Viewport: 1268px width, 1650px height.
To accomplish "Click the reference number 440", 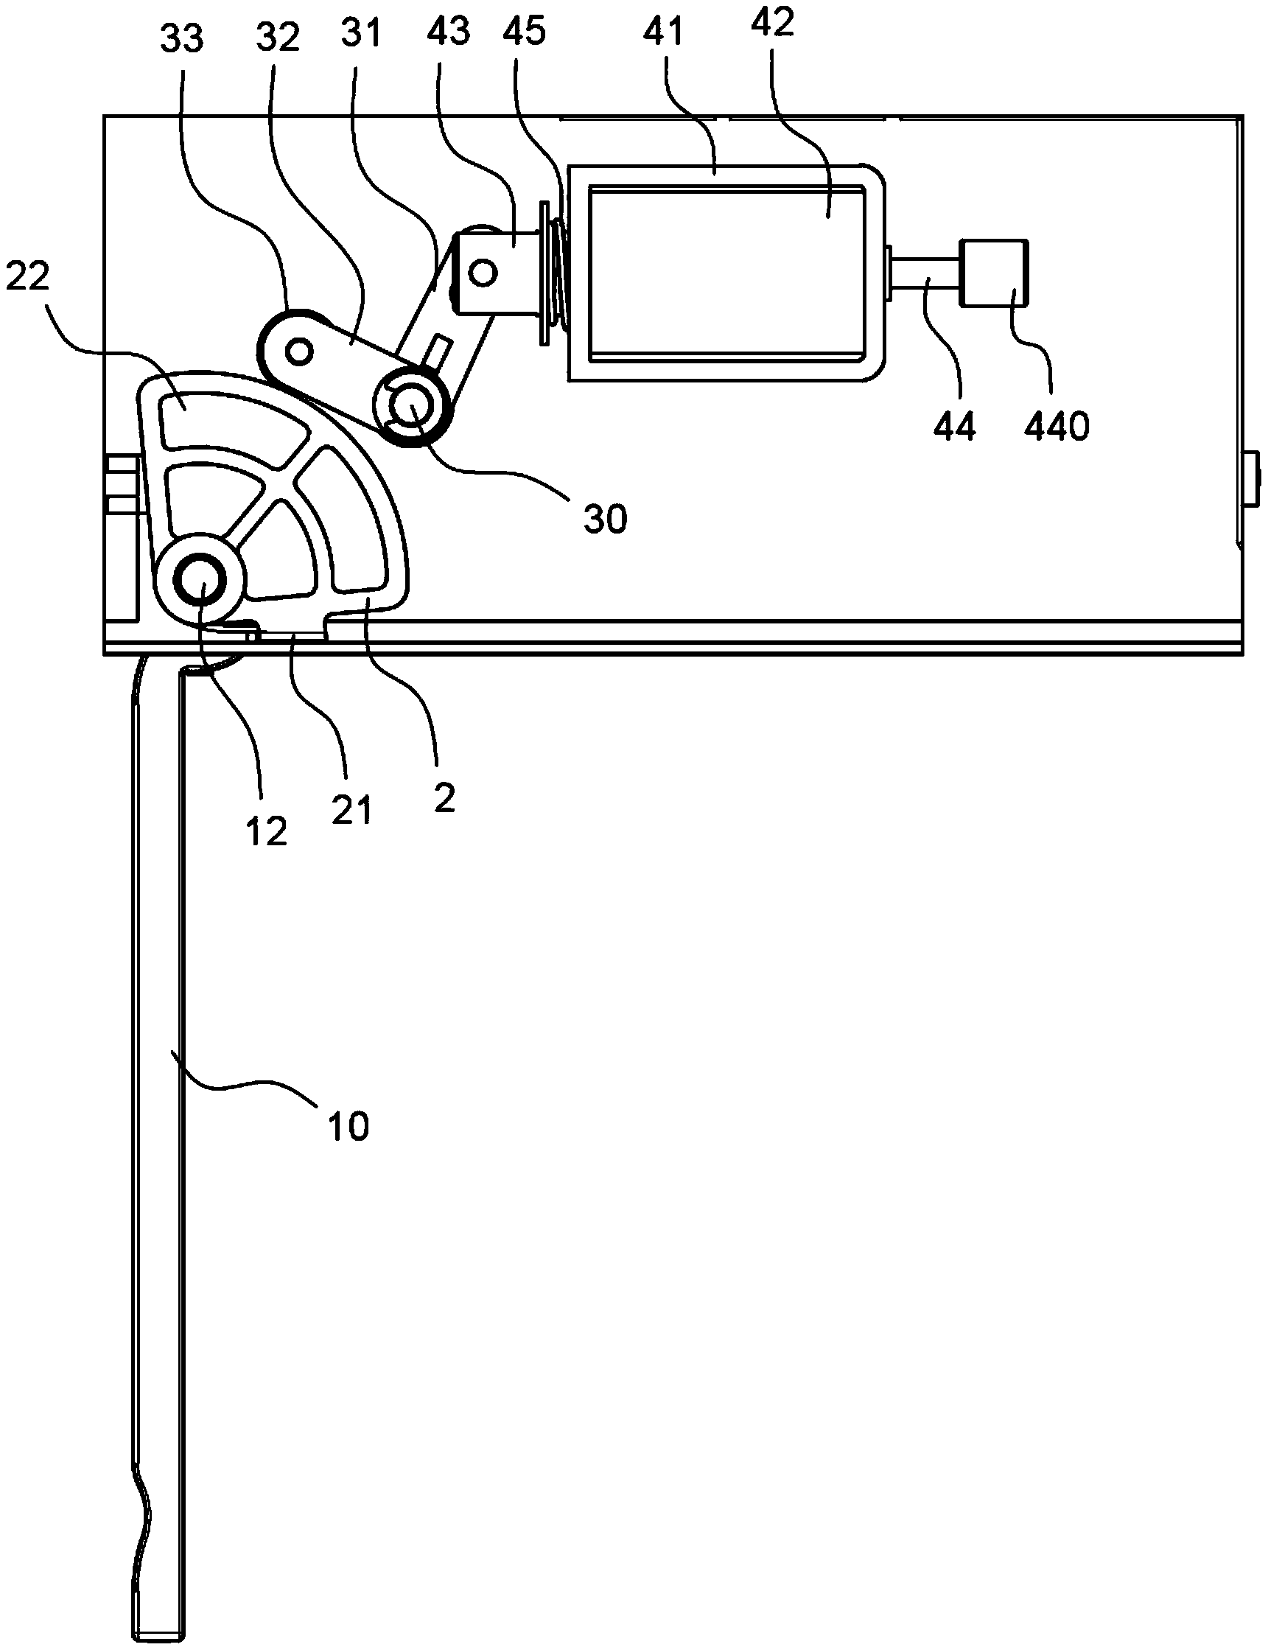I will click(1056, 427).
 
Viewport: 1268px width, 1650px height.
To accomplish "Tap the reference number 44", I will click(955, 427).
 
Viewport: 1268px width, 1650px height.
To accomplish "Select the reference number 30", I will click(606, 520).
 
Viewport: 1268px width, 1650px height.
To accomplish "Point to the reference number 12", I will click(267, 832).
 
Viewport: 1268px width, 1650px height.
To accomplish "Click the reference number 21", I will click(351, 811).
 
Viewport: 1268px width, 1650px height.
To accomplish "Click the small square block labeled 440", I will click(993, 273).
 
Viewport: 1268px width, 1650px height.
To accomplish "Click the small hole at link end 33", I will click(300, 350).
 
